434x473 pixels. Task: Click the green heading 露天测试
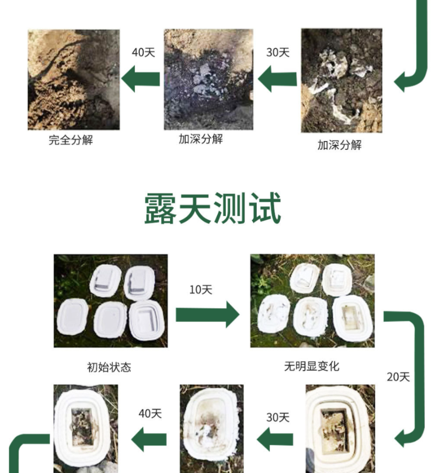pyautogui.click(x=213, y=208)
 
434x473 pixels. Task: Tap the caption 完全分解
pyautogui.click(x=70, y=139)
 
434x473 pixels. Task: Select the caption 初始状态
pyautogui.click(x=109, y=367)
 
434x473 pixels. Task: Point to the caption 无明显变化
pyautogui.click(x=311, y=366)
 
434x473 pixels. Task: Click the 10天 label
pyautogui.click(x=200, y=290)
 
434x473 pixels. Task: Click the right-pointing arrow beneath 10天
pyautogui.click(x=207, y=315)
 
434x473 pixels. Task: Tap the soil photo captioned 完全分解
pyautogui.click(x=73, y=79)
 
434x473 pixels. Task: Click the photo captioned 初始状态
pyautogui.click(x=110, y=300)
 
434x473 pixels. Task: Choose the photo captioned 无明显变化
pyautogui.click(x=312, y=300)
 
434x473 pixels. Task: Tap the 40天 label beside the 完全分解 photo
pyautogui.click(x=143, y=52)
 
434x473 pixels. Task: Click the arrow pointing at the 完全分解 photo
pyautogui.click(x=140, y=77)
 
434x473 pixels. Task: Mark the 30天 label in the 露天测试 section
pyautogui.click(x=278, y=417)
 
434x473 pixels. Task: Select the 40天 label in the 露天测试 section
pyautogui.click(x=150, y=413)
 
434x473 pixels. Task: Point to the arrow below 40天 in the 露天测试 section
pyautogui.click(x=149, y=439)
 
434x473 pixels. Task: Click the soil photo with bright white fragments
pyautogui.click(x=341, y=80)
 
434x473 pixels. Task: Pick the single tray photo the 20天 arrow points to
pyautogui.click(x=340, y=428)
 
